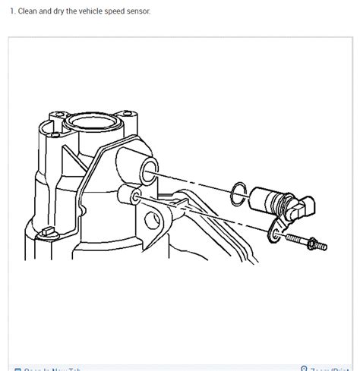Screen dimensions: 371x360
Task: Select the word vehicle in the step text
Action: click(x=99, y=11)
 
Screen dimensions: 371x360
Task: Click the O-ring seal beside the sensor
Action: click(x=238, y=193)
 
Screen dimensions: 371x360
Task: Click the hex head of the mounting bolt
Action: click(x=321, y=245)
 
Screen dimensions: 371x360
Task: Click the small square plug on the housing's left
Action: click(x=47, y=231)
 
